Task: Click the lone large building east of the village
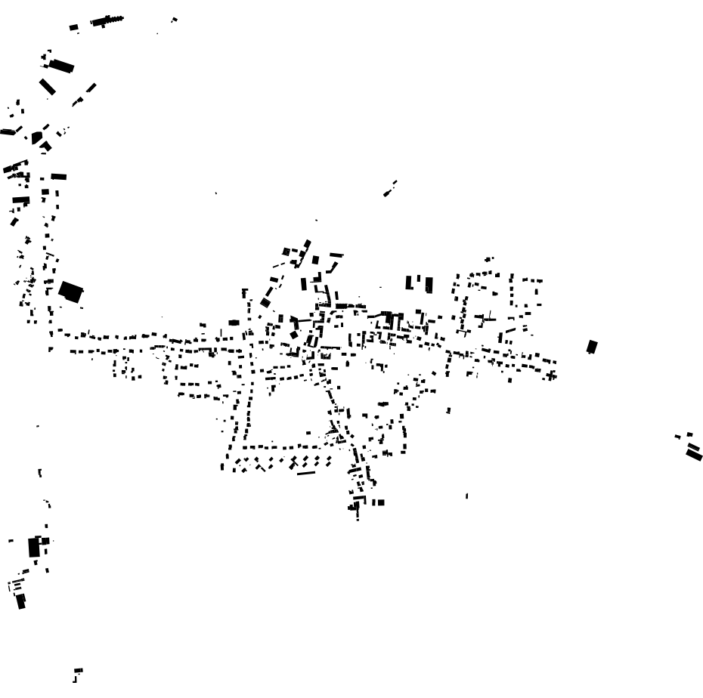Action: pyautogui.click(x=592, y=347)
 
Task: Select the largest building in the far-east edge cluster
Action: pyautogui.click(x=695, y=455)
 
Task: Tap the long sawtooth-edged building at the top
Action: pyautogui.click(x=107, y=20)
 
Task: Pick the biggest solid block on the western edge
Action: pyautogui.click(x=71, y=292)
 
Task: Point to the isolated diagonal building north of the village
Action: pyautogui.click(x=390, y=189)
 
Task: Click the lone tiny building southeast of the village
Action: pyautogui.click(x=466, y=496)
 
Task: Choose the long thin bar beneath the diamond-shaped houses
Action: pyautogui.click(x=306, y=473)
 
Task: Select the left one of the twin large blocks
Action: pyautogui.click(x=410, y=283)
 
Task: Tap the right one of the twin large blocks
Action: pyautogui.click(x=429, y=285)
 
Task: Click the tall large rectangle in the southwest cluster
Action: pyautogui.click(x=34, y=547)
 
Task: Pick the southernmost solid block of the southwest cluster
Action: pyautogui.click(x=21, y=601)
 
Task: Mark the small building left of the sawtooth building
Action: pyautogui.click(x=73, y=28)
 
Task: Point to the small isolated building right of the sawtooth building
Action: pyautogui.click(x=174, y=20)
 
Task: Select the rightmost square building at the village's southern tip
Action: pyautogui.click(x=380, y=502)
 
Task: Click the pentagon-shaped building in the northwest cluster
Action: pyautogui.click(x=36, y=137)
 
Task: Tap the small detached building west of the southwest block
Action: pyautogui.click(x=11, y=541)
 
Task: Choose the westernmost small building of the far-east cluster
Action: pyautogui.click(x=678, y=436)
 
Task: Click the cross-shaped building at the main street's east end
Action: pyautogui.click(x=553, y=375)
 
